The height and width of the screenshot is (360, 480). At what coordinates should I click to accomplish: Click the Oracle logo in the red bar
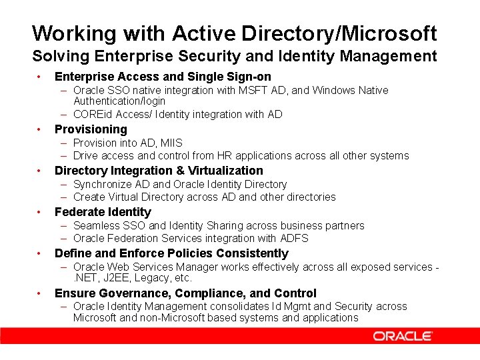403,336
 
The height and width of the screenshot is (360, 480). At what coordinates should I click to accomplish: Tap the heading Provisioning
91,129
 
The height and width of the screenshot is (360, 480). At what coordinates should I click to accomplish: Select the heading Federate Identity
103,212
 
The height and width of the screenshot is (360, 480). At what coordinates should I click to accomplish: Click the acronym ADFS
295,238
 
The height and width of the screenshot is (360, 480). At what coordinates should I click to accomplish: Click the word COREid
95,114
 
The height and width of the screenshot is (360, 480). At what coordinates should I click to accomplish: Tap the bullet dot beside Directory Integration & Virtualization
40,171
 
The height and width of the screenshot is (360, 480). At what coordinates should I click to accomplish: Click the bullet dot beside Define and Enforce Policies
40,253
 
